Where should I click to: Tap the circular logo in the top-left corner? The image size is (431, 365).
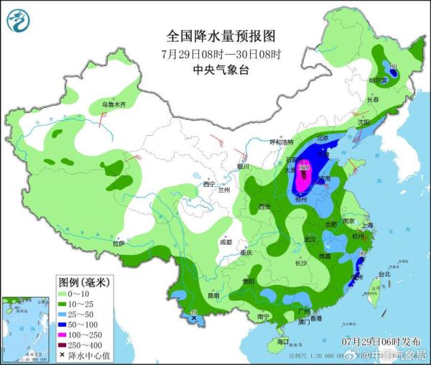click(x=19, y=21)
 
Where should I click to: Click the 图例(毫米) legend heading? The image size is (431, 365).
click(x=85, y=283)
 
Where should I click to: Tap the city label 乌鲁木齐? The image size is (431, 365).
click(x=113, y=105)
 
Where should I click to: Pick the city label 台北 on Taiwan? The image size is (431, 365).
click(x=384, y=274)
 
